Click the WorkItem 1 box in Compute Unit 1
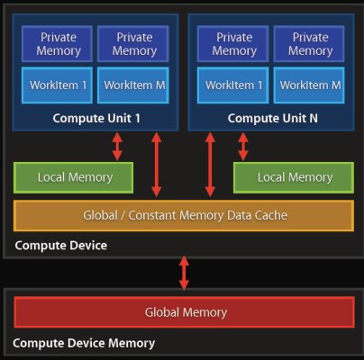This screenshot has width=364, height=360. tap(57, 85)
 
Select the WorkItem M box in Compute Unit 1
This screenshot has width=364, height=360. tap(133, 85)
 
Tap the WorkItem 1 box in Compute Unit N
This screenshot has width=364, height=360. tap(232, 85)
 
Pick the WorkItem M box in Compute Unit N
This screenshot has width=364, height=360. tap(309, 85)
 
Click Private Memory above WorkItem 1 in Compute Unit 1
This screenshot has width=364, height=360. tap(57, 44)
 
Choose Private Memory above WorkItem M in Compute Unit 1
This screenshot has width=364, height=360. tap(133, 44)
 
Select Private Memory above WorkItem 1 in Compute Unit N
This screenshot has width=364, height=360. tap(232, 44)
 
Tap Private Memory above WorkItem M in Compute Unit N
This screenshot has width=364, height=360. tap(309, 44)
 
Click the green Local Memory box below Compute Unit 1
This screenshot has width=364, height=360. tap(74, 177)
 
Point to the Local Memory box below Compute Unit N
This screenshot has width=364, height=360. tap(294, 177)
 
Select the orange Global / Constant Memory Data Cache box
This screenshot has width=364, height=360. tap(184, 216)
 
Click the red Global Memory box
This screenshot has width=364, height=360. tap(185, 312)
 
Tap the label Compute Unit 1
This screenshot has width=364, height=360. tap(96, 118)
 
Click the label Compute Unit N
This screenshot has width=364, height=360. tap(272, 118)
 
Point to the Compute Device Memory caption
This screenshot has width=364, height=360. tap(84, 343)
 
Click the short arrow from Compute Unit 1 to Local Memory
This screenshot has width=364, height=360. tap(117, 147)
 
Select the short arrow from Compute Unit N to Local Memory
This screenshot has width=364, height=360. tap(243, 147)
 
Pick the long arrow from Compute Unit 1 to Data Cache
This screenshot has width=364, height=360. tap(157, 165)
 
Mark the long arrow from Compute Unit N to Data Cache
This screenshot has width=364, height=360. tap(210, 165)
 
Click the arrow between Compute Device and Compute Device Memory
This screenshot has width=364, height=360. tap(184, 273)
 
